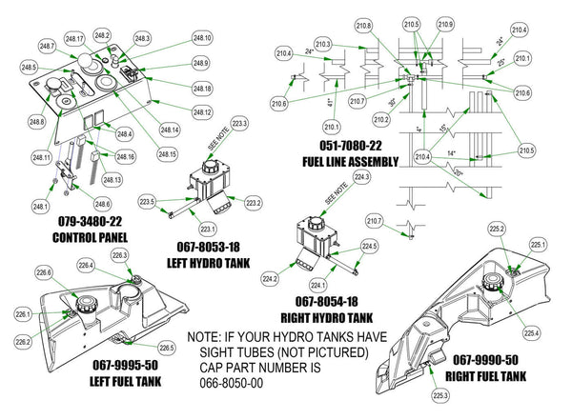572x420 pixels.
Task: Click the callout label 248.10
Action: [201, 38]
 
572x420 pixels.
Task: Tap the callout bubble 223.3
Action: [238, 125]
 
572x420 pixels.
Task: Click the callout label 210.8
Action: [363, 26]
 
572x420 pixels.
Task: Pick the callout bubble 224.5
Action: [370, 247]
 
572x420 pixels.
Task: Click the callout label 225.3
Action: [439, 394]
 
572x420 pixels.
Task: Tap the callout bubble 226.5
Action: [166, 348]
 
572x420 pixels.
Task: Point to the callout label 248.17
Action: [75, 38]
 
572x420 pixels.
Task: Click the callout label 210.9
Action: [445, 25]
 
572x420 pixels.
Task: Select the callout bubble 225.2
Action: [497, 230]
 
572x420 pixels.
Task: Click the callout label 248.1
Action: [39, 206]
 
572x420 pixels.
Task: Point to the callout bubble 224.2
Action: [270, 279]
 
